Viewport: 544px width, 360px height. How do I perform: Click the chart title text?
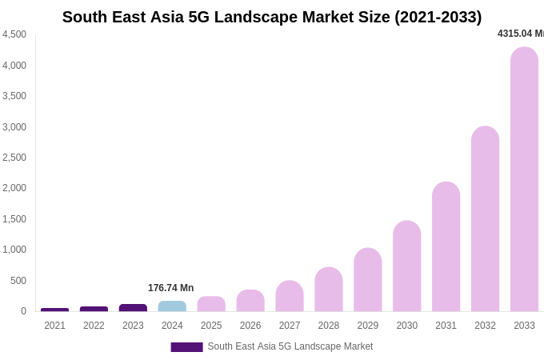tap(272, 17)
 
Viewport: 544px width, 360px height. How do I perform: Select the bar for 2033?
tap(524, 179)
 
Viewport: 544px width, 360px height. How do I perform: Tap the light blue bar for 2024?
tap(172, 306)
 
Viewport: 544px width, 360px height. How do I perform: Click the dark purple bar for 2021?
tap(54, 310)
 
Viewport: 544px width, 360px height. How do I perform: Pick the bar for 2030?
tap(406, 266)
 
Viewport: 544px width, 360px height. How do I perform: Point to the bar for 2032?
tap(485, 219)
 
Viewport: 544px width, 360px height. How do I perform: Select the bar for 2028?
tap(328, 290)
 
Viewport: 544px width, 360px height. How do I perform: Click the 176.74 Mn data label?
tap(170, 288)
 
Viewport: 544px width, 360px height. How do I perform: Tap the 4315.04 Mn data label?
tap(520, 34)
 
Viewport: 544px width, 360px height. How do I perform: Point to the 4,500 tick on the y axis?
tap(14, 34)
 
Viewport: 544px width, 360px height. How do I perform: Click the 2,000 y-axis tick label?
tap(14, 188)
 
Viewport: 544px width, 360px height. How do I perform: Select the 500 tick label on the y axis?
tap(18, 281)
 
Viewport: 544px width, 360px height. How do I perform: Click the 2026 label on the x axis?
tap(250, 326)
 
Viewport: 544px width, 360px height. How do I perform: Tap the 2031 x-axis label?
tap(446, 326)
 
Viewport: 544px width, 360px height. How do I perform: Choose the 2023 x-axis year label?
tap(133, 326)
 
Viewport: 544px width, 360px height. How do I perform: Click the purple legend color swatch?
tap(186, 347)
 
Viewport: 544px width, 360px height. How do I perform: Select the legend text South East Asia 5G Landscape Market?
tap(290, 346)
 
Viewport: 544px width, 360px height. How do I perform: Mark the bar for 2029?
tap(367, 280)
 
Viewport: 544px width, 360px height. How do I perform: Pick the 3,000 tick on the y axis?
tap(14, 127)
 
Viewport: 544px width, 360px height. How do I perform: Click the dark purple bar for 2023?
tap(133, 308)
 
